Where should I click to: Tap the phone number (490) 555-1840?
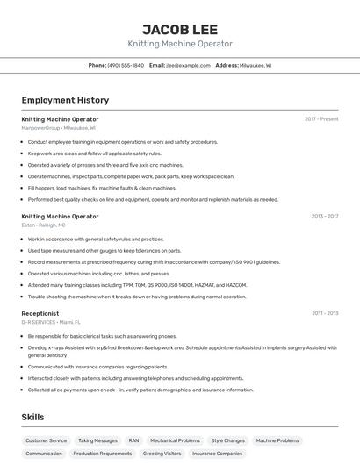point(126,65)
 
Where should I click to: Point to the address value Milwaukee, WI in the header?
point(256,65)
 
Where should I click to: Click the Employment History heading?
point(65,100)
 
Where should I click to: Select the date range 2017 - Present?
point(321,118)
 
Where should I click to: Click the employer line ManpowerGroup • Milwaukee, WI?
point(59,128)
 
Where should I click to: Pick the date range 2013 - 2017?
point(324,216)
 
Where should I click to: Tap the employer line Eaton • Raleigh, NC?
point(43,225)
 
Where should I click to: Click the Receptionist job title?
point(40,313)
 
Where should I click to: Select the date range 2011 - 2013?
point(324,313)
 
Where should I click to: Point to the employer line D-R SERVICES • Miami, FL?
point(51,323)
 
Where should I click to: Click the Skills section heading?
point(33,417)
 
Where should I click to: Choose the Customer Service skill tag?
point(46,440)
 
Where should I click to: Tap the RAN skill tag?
point(133,440)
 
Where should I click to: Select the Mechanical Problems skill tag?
point(175,440)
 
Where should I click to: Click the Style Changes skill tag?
point(227,440)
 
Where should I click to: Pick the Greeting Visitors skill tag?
point(162,454)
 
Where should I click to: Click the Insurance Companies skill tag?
point(217,454)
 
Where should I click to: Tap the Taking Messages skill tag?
point(97,440)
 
